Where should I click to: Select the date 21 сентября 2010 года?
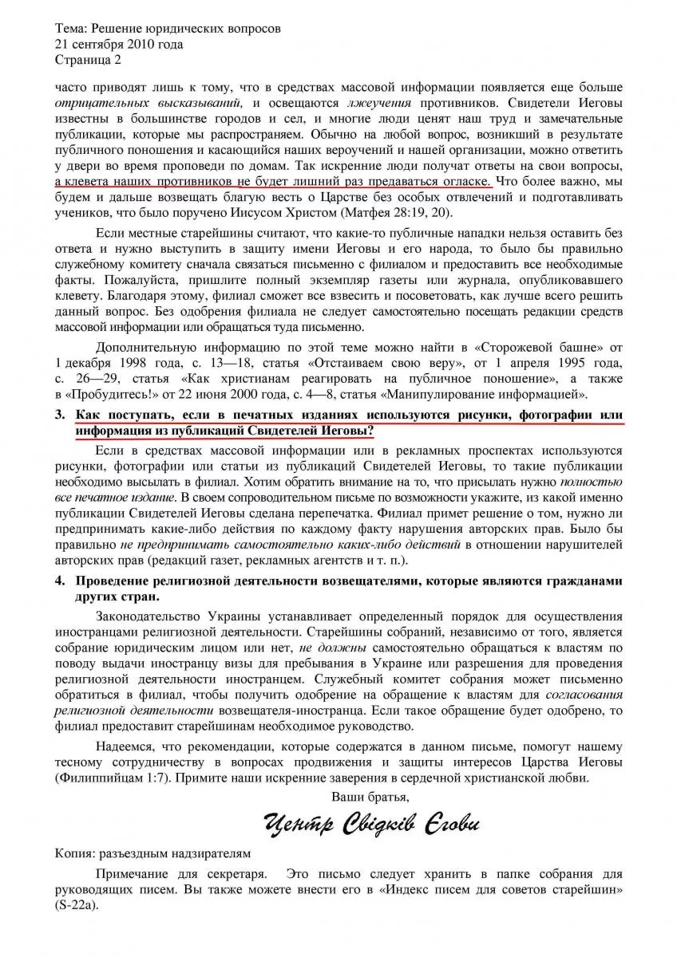pos(119,45)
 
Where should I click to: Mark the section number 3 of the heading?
pos(59,416)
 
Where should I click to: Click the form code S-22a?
pos(77,907)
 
